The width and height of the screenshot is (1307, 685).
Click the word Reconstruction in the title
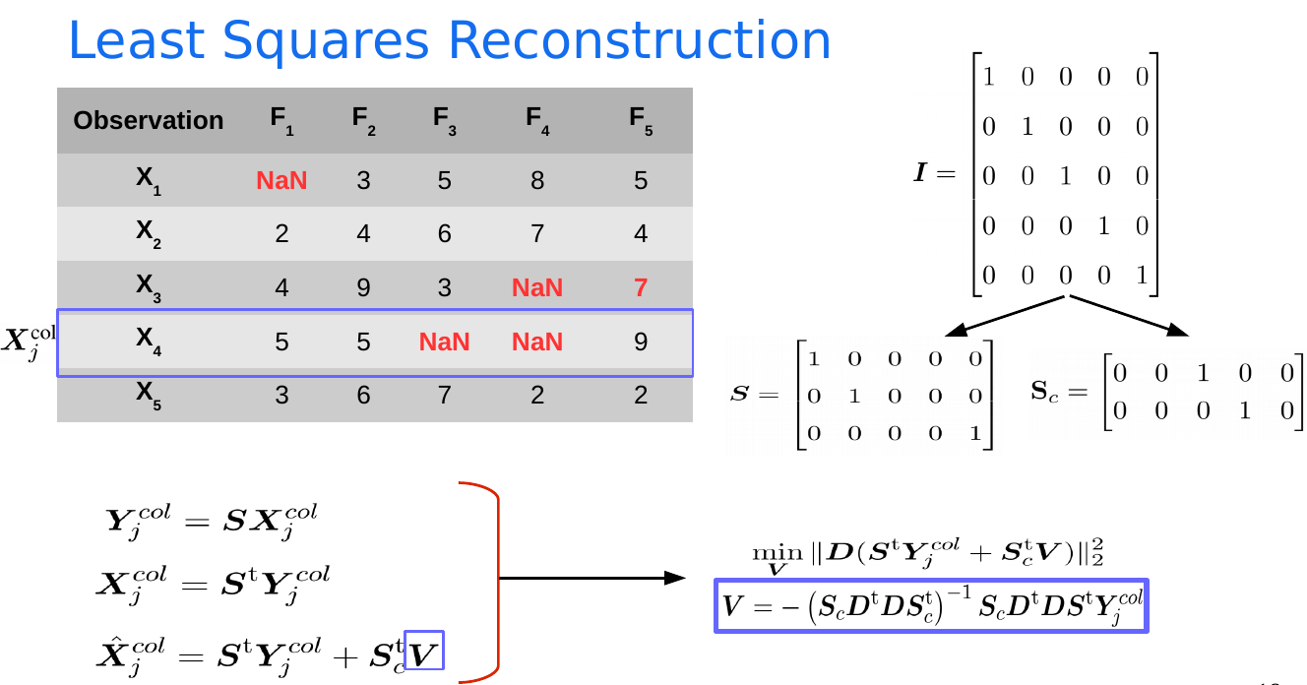639,40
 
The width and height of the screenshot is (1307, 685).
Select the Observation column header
149,120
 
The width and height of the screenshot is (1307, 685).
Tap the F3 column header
445,121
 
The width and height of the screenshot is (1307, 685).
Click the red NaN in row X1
281,180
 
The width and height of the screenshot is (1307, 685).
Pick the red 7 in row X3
641,287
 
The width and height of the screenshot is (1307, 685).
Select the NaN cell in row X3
537,287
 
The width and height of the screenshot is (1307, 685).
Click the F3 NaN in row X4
445,342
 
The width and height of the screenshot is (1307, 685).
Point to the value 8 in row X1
537,180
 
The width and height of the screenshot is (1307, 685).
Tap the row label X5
149,395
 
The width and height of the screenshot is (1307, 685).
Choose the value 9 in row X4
641,342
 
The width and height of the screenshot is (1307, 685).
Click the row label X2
149,234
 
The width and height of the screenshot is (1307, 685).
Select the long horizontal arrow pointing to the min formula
592,578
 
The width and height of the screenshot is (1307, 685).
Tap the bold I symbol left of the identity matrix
921,172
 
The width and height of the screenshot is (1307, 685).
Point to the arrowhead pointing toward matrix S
955,331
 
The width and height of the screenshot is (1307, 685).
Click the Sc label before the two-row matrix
1044,391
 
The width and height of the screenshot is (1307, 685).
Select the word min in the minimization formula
778,552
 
